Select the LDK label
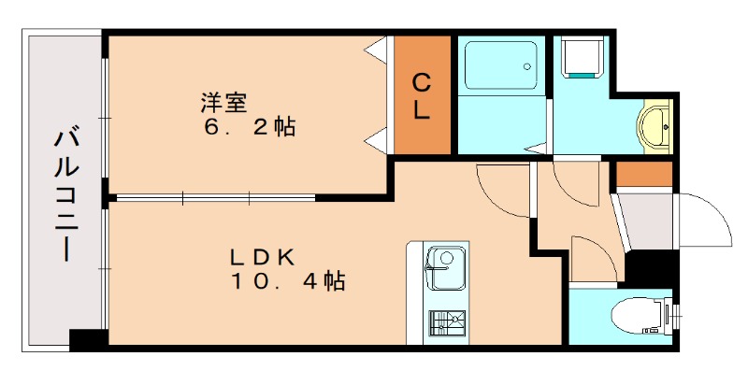[x=264, y=255]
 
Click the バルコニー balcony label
[x=65, y=194]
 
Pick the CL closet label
[x=422, y=96]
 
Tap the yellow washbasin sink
[x=654, y=127]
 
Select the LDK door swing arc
[x=503, y=192]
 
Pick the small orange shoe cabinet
[x=644, y=175]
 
